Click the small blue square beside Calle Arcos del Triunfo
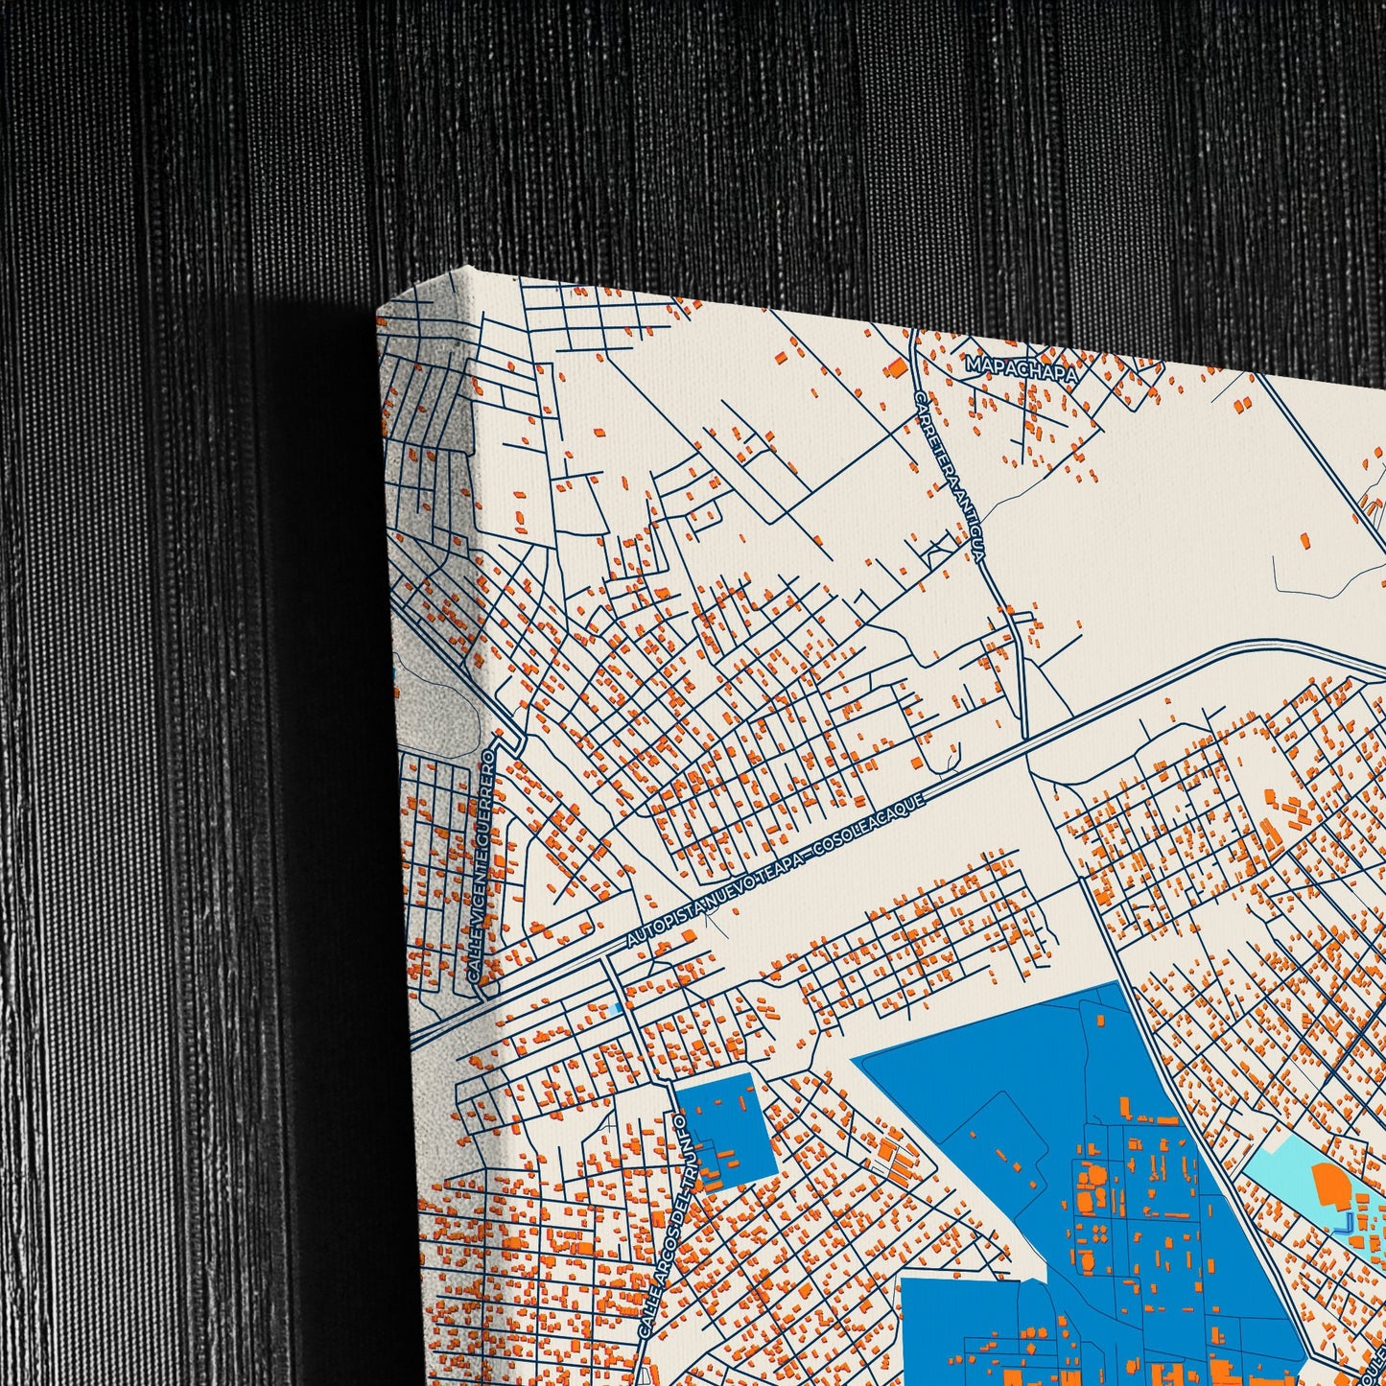(x=725, y=1126)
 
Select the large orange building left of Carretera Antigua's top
(x=896, y=368)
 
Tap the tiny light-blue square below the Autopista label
(x=615, y=1009)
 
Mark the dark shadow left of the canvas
(x=317, y=671)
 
